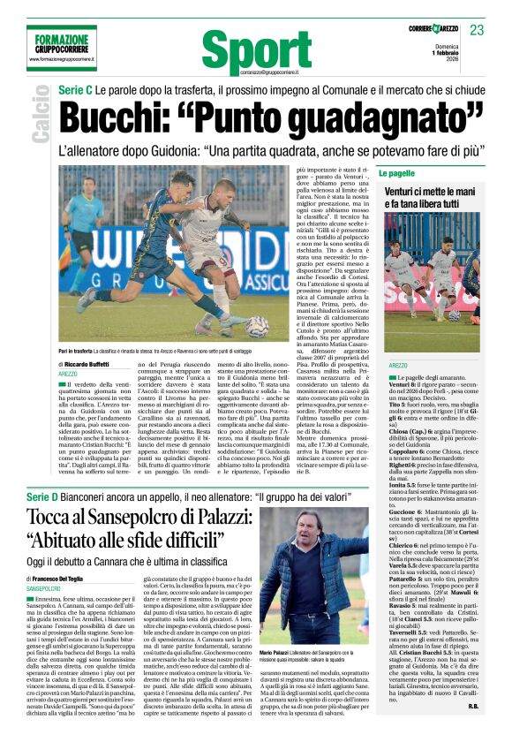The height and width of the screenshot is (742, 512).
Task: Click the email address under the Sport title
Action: point(254,72)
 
